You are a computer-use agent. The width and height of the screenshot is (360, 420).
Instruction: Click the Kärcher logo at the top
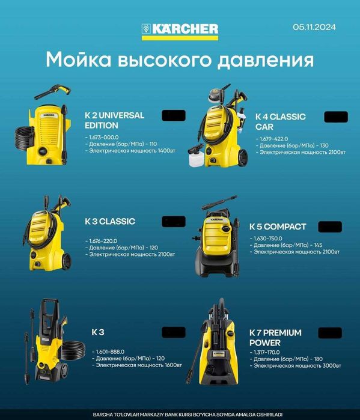point(180,29)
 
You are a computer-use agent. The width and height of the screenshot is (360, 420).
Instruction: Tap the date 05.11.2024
point(314,27)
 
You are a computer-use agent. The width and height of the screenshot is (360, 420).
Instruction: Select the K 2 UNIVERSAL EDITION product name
point(114,120)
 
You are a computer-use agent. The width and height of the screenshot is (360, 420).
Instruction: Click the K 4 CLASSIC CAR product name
point(280,121)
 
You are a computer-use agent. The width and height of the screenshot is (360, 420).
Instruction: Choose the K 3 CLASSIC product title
point(110,221)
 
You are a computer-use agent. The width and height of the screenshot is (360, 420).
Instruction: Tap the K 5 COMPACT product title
point(278,227)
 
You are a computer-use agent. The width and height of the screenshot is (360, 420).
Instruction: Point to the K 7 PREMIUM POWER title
point(275,337)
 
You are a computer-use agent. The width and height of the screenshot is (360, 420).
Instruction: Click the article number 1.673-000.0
point(103,138)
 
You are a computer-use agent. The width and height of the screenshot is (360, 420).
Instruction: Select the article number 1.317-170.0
point(267,352)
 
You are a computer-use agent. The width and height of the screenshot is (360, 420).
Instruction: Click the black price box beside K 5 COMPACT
point(329,227)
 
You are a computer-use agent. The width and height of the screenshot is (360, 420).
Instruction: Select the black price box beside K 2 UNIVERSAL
point(174,116)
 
